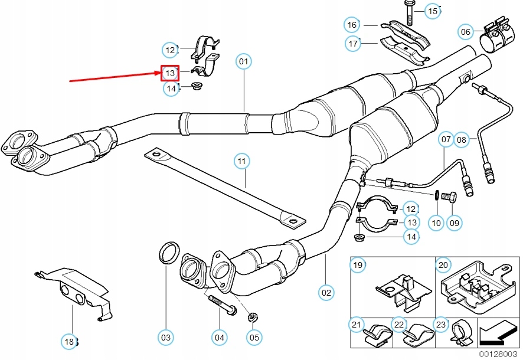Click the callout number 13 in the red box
170,73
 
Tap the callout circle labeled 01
244,60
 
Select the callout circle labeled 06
466,32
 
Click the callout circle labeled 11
241,161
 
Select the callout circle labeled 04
220,338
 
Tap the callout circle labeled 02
326,292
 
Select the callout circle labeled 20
443,266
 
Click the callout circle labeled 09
454,223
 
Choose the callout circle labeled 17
353,43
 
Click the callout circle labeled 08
462,140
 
